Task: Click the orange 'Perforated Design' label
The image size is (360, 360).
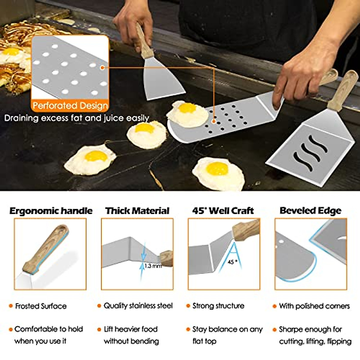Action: tap(70, 106)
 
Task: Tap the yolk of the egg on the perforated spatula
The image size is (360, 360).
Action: tap(187, 108)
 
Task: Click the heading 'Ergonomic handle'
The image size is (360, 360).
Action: tap(51, 211)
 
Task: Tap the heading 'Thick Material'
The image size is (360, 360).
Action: tap(137, 211)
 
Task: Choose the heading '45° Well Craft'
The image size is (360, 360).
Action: tap(223, 211)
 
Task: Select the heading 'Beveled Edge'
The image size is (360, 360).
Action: tap(310, 211)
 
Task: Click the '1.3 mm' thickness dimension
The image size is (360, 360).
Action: tap(153, 266)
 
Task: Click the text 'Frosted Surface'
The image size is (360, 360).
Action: tap(41, 306)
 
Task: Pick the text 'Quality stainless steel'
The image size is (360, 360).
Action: tap(138, 306)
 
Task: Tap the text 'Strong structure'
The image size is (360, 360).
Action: tap(218, 306)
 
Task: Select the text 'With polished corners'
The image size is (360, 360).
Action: tap(314, 306)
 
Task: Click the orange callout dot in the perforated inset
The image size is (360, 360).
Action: tap(103, 68)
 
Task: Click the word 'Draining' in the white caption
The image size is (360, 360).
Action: tap(21, 118)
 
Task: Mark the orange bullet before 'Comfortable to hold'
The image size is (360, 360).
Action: tap(11, 329)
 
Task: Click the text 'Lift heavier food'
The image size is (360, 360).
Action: tap(130, 329)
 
